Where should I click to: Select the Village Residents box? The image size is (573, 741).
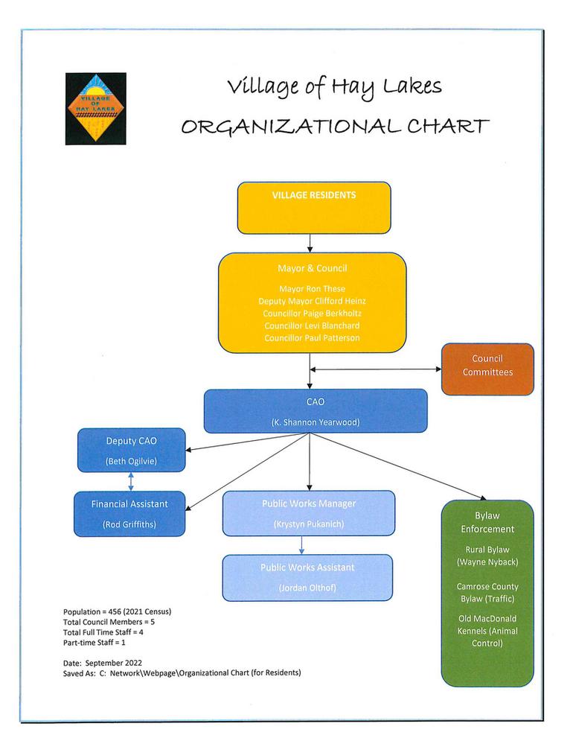pos(313,208)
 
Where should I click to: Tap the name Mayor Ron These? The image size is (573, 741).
pos(312,288)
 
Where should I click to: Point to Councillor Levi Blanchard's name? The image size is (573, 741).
pos(312,325)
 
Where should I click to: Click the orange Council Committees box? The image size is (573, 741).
pos(487,369)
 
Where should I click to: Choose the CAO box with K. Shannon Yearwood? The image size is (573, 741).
pos(316,410)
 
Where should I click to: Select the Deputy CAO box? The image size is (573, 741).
pos(131,450)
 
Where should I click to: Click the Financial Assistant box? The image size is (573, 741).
pos(129,513)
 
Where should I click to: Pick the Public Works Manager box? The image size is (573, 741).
pos(308,513)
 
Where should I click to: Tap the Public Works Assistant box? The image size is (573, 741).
pos(307,577)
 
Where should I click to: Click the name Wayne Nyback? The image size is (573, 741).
pos(487,562)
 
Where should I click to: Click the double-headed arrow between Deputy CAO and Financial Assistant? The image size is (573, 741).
pos(132,482)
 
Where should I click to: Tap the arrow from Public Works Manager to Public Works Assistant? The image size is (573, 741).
pos(301,545)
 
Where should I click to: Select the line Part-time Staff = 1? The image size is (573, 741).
pos(95,641)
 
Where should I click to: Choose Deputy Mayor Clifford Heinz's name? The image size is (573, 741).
pos(312,301)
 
